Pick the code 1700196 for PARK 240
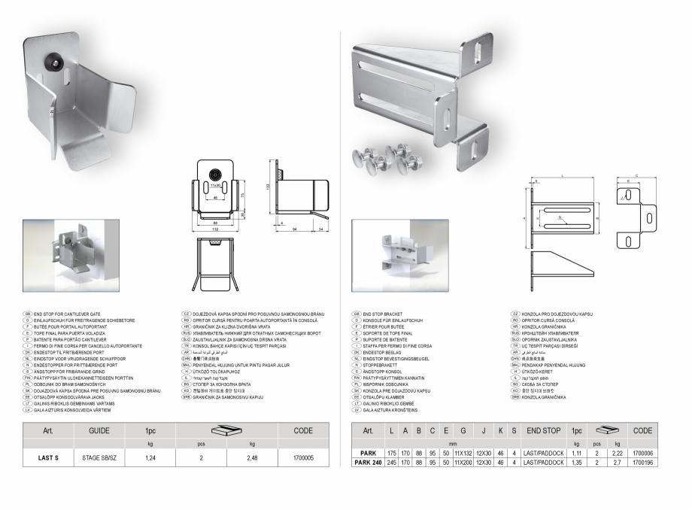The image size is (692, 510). pyautogui.click(x=642, y=463)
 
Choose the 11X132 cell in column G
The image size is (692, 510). pyautogui.click(x=462, y=454)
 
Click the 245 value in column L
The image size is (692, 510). pyautogui.click(x=391, y=463)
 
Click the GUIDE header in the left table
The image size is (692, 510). pyautogui.click(x=99, y=431)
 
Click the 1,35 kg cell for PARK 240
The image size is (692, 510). pyautogui.click(x=578, y=463)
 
